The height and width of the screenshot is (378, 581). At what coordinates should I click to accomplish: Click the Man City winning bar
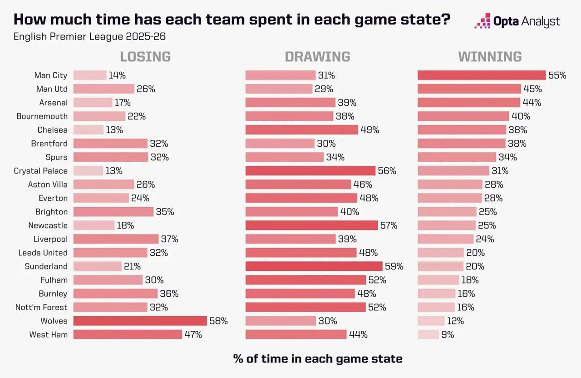481,75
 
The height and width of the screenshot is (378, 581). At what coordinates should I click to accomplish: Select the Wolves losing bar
140,321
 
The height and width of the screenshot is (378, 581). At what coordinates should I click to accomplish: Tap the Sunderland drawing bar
314,266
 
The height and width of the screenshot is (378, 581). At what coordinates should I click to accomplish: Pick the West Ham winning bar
428,334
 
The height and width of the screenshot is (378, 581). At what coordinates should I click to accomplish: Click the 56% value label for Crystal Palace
387,171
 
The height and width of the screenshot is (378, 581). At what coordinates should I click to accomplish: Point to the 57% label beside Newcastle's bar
389,225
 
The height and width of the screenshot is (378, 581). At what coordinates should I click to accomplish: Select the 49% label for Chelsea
370,130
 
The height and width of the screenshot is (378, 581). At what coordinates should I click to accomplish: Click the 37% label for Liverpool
169,239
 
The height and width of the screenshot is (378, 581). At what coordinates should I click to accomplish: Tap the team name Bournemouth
42,116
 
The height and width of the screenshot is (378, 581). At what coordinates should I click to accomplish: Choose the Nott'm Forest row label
41,307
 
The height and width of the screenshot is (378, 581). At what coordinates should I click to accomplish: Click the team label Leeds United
43,253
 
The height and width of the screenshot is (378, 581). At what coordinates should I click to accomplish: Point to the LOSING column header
145,57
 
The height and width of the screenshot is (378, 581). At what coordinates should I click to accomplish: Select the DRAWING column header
317,57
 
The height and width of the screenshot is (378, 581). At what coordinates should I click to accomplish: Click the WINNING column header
490,57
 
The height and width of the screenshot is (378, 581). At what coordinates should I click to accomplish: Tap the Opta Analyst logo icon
483,21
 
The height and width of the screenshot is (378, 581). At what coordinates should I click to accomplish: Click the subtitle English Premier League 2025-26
93,36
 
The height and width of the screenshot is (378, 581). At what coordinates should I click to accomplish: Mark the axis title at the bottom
318,358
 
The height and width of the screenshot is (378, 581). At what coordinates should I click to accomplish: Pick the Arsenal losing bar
93,103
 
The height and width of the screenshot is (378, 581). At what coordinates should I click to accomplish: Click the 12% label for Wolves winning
455,321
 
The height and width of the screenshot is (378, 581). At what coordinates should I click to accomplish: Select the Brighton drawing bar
291,212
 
